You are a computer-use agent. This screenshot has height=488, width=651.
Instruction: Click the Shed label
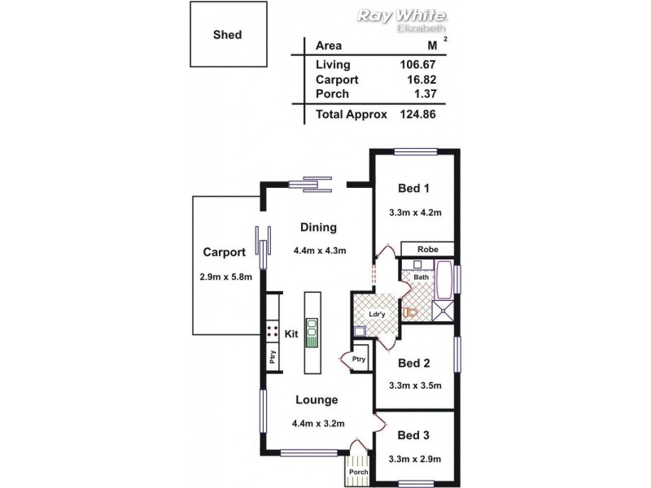227,35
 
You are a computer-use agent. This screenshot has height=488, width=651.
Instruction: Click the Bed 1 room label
413,189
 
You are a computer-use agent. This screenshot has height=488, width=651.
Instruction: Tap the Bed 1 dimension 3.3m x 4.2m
414,213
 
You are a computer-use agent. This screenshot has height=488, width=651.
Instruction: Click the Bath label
421,277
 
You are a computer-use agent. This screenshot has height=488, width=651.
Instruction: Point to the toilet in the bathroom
411,312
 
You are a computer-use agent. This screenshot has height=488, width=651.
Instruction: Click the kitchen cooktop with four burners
272,332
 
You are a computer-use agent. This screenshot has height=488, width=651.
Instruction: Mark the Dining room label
318,228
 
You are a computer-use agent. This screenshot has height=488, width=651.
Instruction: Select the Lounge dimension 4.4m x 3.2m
317,423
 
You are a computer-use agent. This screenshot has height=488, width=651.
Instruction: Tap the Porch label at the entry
358,472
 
